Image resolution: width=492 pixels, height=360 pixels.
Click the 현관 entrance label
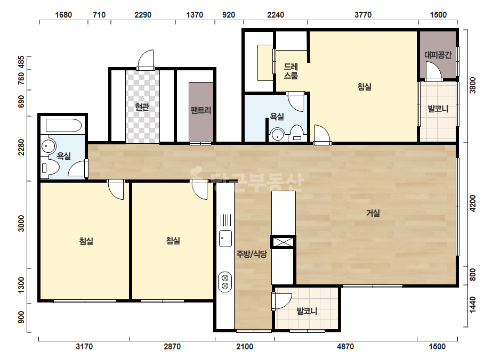142,107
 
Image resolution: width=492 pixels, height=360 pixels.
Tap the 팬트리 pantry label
201,110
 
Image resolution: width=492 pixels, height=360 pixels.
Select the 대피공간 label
438,55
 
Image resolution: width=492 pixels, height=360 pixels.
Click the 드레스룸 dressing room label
291,71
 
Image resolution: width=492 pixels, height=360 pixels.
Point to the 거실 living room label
373,213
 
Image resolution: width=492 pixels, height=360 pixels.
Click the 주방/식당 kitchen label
252,254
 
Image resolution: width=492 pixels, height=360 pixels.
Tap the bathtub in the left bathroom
63,126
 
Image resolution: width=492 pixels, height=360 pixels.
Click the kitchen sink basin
225,239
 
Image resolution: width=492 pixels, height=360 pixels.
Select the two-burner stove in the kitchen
225,282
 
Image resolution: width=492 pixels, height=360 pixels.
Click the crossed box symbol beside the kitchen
284,242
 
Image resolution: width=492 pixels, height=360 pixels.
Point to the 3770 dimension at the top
363,15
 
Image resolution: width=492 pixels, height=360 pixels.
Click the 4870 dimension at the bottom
345,347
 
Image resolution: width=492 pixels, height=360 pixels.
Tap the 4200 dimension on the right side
473,203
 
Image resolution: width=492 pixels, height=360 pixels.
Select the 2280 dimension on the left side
21,147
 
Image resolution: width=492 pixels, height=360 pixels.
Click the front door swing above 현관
146,59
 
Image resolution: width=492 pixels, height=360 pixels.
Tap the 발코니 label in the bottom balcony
307,312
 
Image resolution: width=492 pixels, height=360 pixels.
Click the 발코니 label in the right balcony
438,109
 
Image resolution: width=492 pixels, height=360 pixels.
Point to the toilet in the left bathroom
50,168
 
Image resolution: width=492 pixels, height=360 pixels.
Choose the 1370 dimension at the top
195,15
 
